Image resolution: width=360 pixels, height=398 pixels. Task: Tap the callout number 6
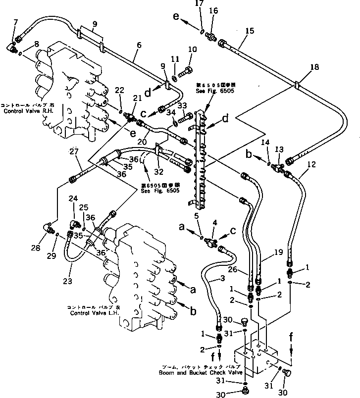tap(139, 46)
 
